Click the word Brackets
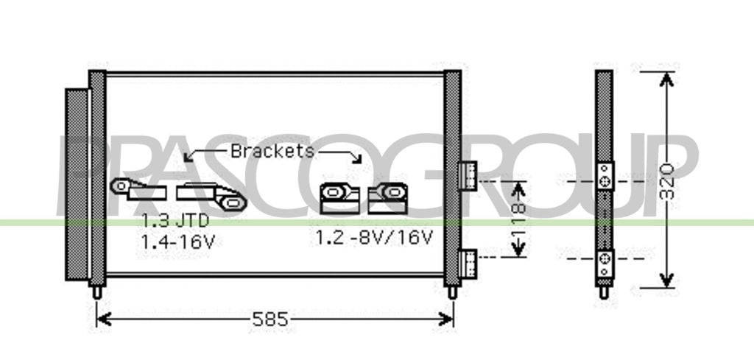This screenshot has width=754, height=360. coord(272,151)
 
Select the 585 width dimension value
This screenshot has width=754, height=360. coord(269,320)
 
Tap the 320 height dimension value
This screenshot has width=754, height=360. coord(667,181)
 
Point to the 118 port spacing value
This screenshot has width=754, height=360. coord(518,219)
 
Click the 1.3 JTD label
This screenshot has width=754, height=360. coord(175,221)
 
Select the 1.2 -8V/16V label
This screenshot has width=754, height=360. coord(374,238)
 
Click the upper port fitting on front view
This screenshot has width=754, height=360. coord(468,175)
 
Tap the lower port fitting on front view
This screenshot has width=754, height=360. coord(468,264)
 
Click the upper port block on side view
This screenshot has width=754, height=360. coord(605,176)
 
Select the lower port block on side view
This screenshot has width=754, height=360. coord(605,264)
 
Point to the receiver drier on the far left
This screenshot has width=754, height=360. coord(77,184)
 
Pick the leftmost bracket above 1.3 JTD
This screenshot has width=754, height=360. coord(138,189)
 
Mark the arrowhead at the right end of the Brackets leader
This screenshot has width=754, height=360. coord(357,158)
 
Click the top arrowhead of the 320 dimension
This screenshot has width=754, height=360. coord(666,80)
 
